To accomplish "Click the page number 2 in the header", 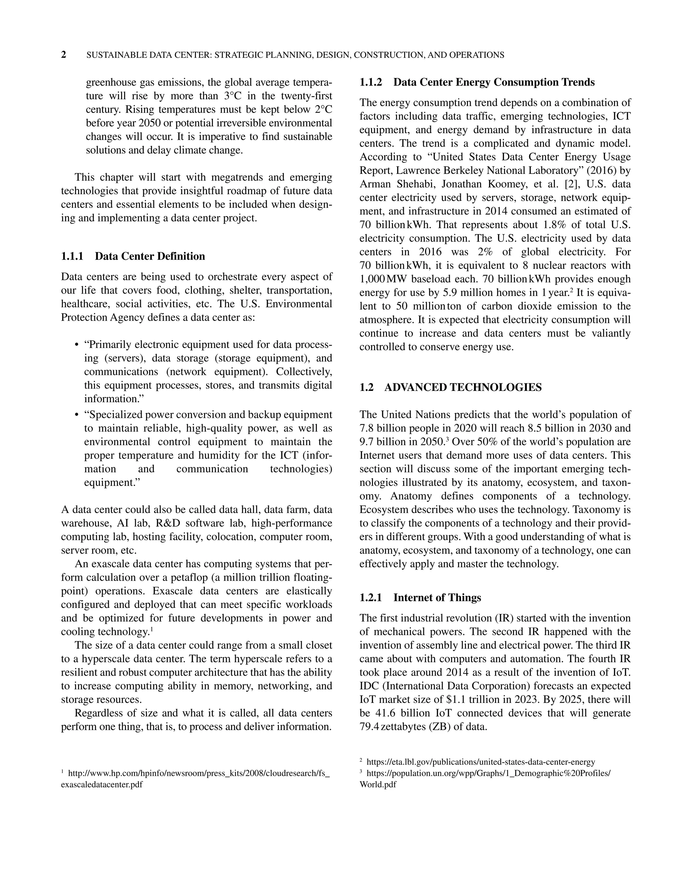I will pos(64,55).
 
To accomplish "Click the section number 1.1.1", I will pos(72,256).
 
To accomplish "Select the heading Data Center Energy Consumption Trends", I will pos(494,82).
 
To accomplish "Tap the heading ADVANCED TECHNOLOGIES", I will pos(463,387).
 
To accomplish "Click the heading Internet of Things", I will pos(437,598).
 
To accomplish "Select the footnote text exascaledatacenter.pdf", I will pos(102,784).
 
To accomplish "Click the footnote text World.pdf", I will pos(377,784).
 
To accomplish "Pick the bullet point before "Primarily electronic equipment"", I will pos(77,345).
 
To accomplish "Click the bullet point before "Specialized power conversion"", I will pos(77,415).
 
